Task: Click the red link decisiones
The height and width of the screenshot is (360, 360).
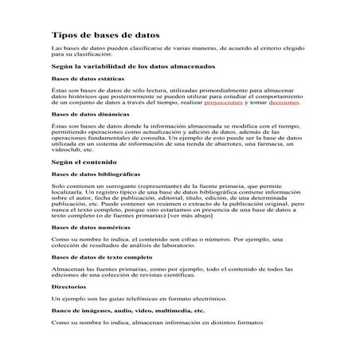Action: click(x=284, y=104)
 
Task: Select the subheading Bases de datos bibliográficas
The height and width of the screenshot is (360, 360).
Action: click(x=90, y=174)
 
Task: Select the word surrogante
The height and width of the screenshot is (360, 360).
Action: click(x=112, y=186)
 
